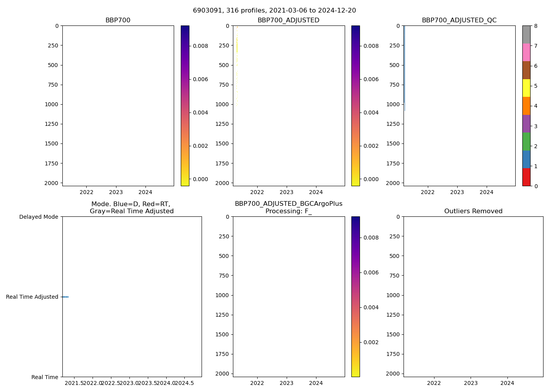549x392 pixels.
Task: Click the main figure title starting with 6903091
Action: [274, 11]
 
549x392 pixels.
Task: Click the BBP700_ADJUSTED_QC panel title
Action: [459, 20]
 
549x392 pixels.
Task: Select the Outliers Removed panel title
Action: [473, 211]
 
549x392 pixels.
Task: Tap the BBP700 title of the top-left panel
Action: [118, 20]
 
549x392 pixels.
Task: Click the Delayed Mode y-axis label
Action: [38, 217]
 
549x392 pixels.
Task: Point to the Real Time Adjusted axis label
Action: [32, 297]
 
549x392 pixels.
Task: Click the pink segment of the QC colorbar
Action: [526, 53]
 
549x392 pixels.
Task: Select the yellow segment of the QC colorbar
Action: [526, 88]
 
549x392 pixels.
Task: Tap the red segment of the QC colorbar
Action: [526, 177]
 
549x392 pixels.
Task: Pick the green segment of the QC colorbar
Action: [526, 142]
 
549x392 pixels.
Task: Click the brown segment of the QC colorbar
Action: [526, 70]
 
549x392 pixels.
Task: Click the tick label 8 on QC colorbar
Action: [535, 26]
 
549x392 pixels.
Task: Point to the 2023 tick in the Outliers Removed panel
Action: [471, 383]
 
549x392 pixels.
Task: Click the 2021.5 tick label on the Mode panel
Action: [74, 383]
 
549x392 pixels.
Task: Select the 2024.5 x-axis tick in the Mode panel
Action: [184, 383]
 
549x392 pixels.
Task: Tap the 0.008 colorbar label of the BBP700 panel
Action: [200, 46]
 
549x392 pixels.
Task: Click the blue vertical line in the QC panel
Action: [404, 67]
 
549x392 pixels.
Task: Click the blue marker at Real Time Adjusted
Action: [65, 297]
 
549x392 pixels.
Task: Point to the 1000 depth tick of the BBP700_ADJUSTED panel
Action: [222, 104]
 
